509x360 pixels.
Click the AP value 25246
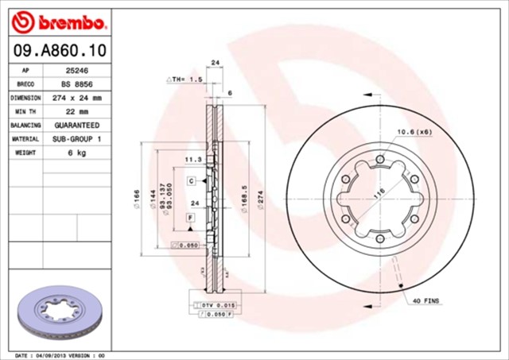pyautogui.click(x=76, y=70)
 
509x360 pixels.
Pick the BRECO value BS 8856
pyautogui.click(x=76, y=83)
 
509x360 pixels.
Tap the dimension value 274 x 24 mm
pyautogui.click(x=77, y=98)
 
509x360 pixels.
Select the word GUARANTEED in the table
pyautogui.click(x=77, y=126)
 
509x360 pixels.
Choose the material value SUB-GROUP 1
pyautogui.click(x=77, y=139)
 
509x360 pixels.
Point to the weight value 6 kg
pyautogui.click(x=76, y=153)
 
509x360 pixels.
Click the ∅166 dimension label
pyautogui.click(x=137, y=199)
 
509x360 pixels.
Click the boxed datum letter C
pyautogui.click(x=192, y=181)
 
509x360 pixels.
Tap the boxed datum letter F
pyautogui.click(x=191, y=217)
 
